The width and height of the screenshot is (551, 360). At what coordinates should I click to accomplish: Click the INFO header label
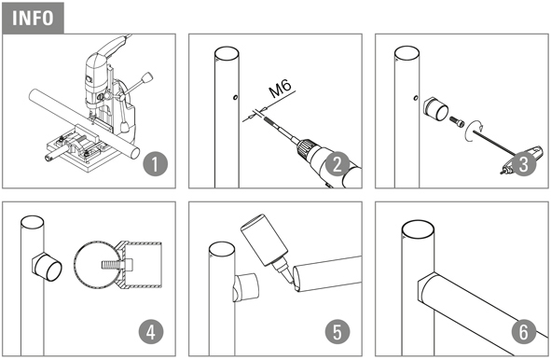point(33,18)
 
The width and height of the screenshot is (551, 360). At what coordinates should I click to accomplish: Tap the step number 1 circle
point(156,164)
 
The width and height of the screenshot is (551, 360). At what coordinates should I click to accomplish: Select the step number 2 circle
point(337,164)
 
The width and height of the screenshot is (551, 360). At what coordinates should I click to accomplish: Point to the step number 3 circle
point(524,164)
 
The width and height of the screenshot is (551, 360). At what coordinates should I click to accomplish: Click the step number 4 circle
point(151,332)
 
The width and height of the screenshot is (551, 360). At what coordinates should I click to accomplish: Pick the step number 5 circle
point(337,332)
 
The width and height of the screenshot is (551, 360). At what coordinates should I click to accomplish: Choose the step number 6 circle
point(524,332)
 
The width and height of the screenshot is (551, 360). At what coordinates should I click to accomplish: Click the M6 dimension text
point(280,89)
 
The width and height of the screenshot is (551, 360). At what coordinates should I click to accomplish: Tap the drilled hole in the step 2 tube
point(235,97)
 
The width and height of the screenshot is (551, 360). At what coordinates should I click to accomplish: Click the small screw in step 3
point(457,121)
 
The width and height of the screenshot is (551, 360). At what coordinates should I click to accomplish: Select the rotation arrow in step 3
point(473,131)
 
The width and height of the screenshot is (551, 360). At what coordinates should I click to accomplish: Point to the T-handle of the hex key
point(521,160)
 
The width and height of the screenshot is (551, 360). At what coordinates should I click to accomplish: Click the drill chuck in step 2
point(305,148)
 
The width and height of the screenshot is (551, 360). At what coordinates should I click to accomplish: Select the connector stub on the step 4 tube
point(48,267)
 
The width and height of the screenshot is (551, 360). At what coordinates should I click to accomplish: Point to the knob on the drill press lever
point(147,77)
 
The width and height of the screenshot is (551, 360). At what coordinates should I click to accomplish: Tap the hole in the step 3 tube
point(416,97)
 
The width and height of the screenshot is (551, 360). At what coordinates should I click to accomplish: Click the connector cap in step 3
point(435,109)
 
